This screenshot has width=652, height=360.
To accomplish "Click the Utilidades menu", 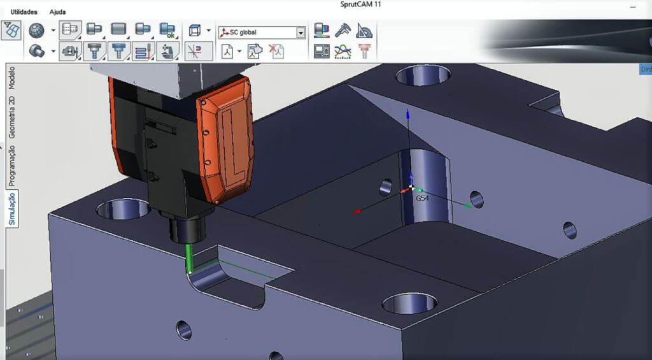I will (24, 11).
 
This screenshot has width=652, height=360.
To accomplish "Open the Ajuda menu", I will (57, 11).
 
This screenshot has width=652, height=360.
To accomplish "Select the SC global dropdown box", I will (262, 32).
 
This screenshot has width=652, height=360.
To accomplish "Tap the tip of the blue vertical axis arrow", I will (407, 113).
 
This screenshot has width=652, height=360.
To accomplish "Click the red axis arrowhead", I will (357, 211).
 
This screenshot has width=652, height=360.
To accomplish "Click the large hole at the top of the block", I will (423, 75).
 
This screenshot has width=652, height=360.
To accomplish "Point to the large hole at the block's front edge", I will (409, 303).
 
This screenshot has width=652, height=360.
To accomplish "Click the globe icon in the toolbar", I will (37, 30).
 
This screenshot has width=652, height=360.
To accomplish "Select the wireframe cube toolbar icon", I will (195, 30).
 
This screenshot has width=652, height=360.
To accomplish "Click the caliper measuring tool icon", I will (343, 31).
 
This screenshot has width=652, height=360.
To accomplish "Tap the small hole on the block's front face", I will (183, 329).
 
